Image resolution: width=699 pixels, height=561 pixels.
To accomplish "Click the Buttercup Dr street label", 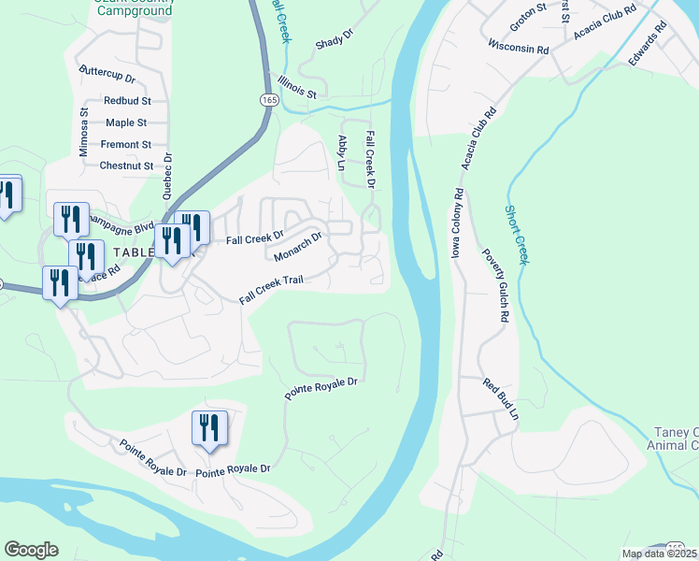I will pyautogui.click(x=107, y=71).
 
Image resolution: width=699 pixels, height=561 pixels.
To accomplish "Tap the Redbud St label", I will pyautogui.click(x=128, y=100).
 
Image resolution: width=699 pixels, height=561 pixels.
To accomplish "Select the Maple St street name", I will pyautogui.click(x=127, y=122).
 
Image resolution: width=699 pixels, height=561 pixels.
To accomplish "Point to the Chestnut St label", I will pyautogui.click(x=125, y=166).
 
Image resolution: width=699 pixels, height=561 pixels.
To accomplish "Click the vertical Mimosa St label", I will pyautogui.click(x=83, y=131).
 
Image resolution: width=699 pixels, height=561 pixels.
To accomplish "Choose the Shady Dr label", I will pyautogui.click(x=335, y=38).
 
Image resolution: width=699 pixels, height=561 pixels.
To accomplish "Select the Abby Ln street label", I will pyautogui.click(x=342, y=151).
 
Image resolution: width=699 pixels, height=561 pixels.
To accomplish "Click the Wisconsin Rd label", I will pyautogui.click(x=518, y=47).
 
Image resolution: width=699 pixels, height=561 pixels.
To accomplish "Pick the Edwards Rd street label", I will pyautogui.click(x=647, y=44).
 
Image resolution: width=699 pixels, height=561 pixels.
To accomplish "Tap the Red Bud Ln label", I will pyautogui.click(x=500, y=398).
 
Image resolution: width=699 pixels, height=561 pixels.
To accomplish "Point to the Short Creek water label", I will pyautogui.click(x=516, y=235).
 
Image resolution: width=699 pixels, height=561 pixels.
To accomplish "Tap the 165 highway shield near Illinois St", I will pyautogui.click(x=267, y=98).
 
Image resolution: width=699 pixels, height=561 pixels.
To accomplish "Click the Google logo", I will pyautogui.click(x=31, y=550).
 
